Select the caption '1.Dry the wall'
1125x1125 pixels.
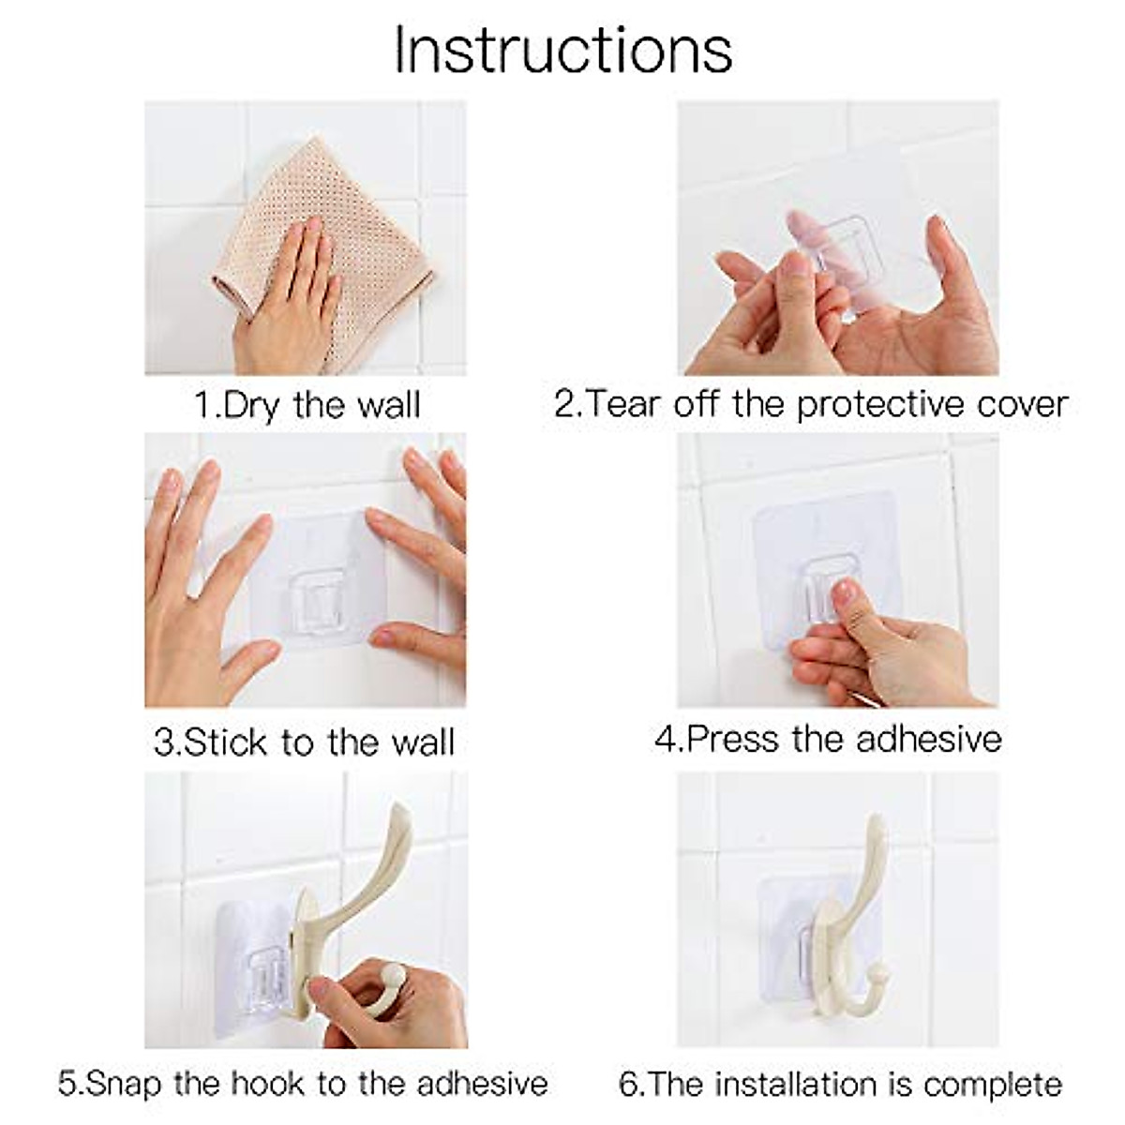pyautogui.click(x=307, y=405)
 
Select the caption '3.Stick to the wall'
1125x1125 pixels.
pyautogui.click(x=304, y=742)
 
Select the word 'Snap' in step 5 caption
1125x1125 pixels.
pyautogui.click(x=123, y=1084)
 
